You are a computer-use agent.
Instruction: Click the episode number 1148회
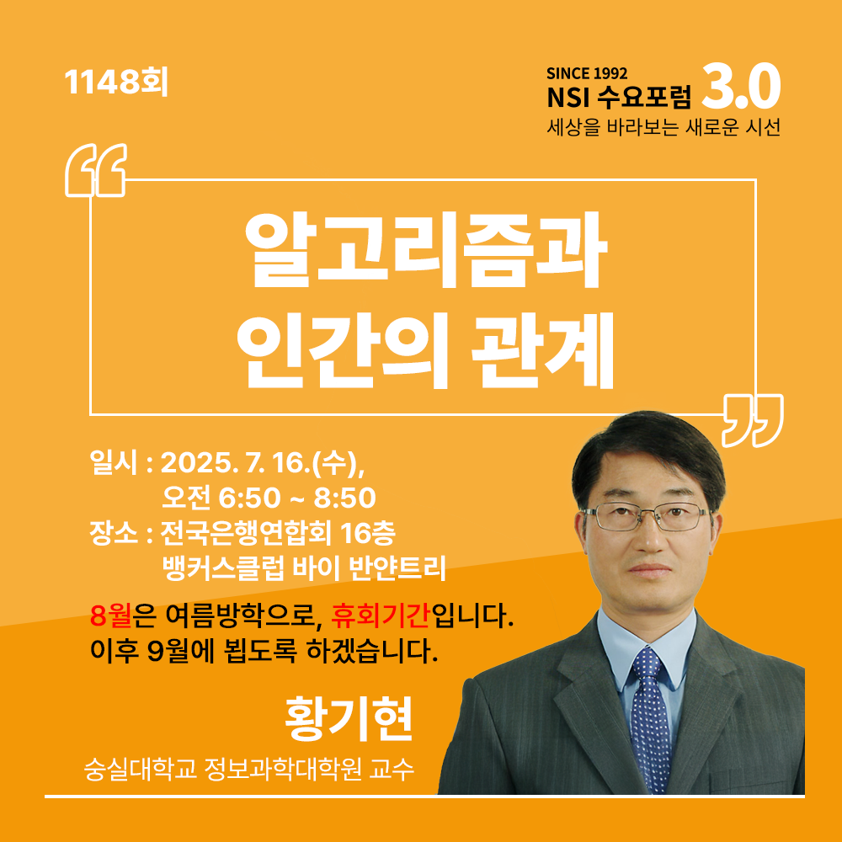116,83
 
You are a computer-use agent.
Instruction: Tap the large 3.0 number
740,87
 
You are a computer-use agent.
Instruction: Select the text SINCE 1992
587,73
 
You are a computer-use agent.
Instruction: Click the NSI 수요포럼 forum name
619,97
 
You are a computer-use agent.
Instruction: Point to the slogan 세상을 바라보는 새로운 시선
663,127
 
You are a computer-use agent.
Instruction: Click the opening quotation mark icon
96,170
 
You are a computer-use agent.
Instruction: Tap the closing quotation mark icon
752,420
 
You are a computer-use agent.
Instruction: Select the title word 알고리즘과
425,250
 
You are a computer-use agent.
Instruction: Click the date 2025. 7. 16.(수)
263,463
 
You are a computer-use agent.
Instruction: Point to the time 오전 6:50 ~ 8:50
269,498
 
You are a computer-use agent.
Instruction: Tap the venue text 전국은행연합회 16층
278,533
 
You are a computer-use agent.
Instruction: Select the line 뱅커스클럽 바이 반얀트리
304,568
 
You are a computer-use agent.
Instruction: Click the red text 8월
111,616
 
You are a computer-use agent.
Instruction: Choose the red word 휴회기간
380,616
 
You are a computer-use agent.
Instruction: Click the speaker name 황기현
349,718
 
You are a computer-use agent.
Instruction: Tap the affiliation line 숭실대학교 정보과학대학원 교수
249,770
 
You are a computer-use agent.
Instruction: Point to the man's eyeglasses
647,517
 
